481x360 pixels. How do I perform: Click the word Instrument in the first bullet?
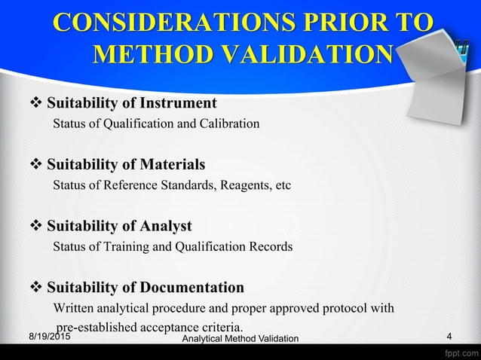[x=180, y=102]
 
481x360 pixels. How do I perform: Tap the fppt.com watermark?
[x=458, y=352]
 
